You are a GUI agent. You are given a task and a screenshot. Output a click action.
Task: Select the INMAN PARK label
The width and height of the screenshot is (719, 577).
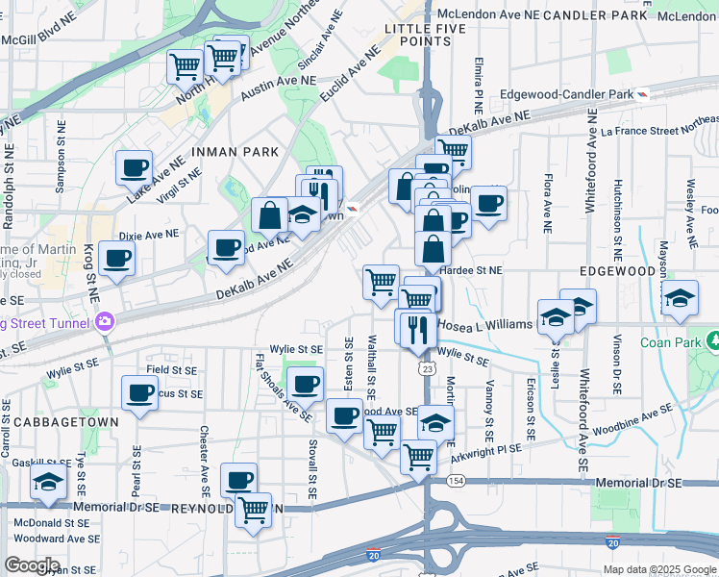click(x=235, y=152)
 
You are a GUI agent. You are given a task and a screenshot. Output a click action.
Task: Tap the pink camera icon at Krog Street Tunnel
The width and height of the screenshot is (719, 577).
click(x=107, y=320)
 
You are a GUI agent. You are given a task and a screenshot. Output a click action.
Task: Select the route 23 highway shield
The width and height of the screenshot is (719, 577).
click(x=426, y=368)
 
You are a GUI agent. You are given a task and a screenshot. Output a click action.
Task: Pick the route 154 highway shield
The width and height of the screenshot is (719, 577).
click(x=456, y=479)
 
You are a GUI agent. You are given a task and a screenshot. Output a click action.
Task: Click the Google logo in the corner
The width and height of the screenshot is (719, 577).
click(x=32, y=565)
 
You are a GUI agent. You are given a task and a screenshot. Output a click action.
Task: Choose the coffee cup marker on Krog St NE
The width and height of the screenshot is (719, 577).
click(x=116, y=257)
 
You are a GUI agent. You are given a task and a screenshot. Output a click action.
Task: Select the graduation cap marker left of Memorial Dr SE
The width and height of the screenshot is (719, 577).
click(x=47, y=486)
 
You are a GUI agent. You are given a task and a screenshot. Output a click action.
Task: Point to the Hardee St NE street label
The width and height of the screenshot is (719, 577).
click(x=471, y=271)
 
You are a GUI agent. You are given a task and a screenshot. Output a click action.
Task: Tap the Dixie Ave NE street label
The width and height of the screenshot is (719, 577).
click(x=149, y=235)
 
